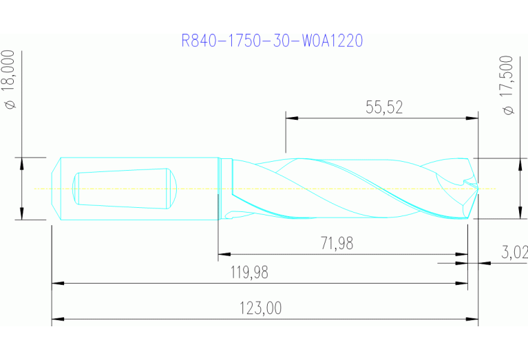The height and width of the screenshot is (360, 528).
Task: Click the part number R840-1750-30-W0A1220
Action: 272,41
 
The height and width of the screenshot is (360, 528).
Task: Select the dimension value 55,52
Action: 383,107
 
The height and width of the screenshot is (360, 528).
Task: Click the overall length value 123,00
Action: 260,308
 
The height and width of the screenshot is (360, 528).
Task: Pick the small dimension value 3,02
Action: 514,252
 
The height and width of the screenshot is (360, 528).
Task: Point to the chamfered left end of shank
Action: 56,188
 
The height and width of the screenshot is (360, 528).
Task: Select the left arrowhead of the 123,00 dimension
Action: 58,320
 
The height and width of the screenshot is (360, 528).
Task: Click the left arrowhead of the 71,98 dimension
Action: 224,254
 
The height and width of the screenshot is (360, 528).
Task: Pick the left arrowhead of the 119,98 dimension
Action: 58,283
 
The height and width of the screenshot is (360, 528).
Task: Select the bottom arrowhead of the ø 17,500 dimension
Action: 518,213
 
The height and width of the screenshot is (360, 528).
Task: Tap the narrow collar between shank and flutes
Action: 225,188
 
